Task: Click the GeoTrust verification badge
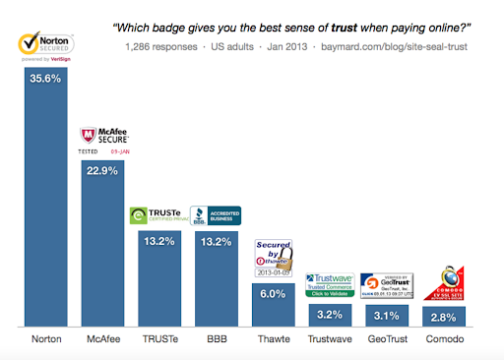coord(387,285)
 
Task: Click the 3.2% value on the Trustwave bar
coord(331,315)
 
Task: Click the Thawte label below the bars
coord(273,339)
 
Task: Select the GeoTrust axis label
coord(387,339)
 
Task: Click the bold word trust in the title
coord(330,28)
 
